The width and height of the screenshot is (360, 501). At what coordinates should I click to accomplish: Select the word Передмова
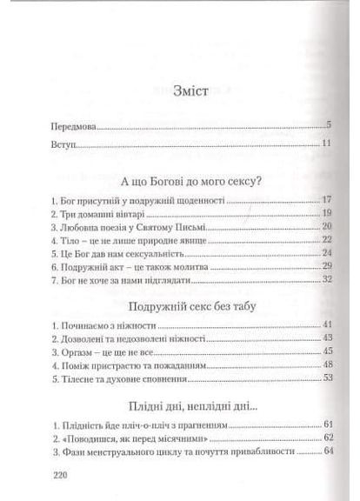(75, 126)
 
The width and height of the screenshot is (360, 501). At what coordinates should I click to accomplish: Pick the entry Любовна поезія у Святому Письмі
(127, 226)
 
